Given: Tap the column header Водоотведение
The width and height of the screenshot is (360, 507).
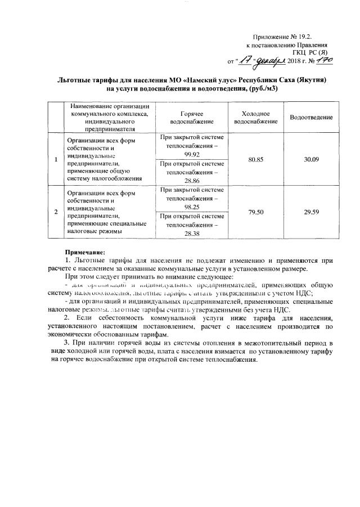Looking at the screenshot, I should tap(311, 117).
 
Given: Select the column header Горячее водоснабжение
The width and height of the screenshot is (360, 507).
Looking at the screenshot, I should tap(192, 117).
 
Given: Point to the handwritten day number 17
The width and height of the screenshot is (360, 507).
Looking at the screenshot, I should tap(246, 59).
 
